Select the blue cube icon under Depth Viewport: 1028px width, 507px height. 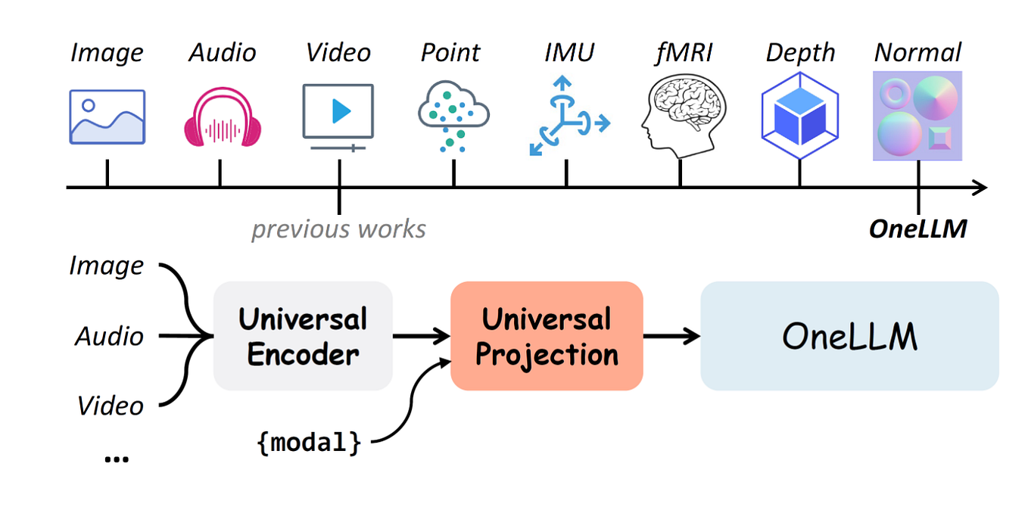pos(800,116)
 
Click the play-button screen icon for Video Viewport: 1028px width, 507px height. pos(338,114)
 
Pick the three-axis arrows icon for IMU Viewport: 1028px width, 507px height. pos(567,117)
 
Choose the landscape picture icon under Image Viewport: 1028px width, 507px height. pos(107,117)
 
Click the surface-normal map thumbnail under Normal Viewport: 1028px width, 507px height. pos(917,116)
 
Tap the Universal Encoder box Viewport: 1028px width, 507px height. pos(303,336)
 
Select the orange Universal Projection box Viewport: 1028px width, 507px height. pos(547,336)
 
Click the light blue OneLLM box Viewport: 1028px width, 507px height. pos(849,336)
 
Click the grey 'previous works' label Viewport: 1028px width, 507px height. pos(338,229)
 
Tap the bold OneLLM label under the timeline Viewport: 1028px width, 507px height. pos(917,229)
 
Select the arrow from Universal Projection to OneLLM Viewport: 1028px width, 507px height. pos(671,336)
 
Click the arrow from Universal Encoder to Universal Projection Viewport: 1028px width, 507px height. pos(421,336)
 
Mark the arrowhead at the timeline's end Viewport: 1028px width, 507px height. pos(980,187)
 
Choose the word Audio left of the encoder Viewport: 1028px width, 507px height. pos(109,336)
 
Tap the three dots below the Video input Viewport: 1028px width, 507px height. pos(116,458)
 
